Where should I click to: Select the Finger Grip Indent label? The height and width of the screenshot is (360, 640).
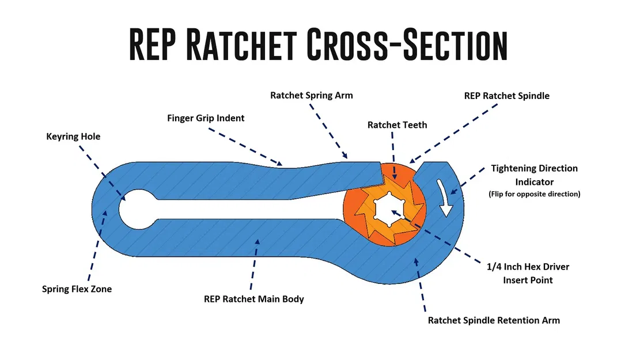(x=206, y=118)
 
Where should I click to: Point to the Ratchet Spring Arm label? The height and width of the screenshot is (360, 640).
(x=312, y=95)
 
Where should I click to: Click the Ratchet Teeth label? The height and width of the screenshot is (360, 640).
(x=397, y=124)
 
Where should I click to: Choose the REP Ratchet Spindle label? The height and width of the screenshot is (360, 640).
(x=506, y=96)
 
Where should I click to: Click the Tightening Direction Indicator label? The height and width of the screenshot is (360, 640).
(x=534, y=175)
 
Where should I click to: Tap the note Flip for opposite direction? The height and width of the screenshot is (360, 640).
(x=534, y=194)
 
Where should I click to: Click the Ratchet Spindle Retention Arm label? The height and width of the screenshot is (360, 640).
(x=494, y=320)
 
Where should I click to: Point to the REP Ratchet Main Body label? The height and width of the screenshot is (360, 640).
(x=253, y=299)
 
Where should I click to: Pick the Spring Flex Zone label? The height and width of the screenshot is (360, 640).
(x=77, y=289)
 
